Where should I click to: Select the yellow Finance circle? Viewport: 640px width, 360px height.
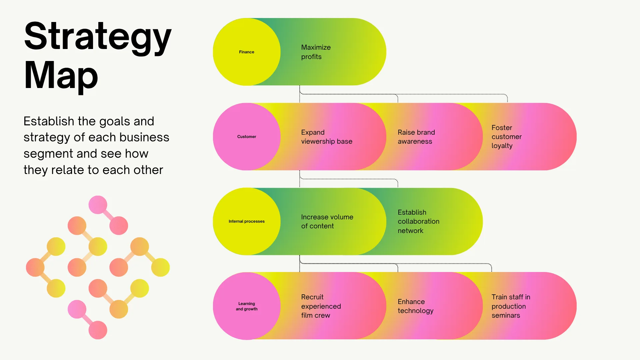[x=247, y=52]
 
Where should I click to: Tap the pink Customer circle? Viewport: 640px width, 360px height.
[x=247, y=137]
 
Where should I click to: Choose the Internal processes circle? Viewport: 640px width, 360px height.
[x=247, y=221]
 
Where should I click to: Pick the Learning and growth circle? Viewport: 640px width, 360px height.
[x=247, y=306]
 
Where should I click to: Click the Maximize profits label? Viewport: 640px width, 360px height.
[x=316, y=52]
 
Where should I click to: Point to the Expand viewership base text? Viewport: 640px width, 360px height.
[x=327, y=137]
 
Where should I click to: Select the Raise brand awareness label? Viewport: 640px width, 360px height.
[x=416, y=137]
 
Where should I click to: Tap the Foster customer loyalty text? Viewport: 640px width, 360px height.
[x=507, y=137]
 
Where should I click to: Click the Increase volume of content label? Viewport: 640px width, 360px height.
[x=327, y=221]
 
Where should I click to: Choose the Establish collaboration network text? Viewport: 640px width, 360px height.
[x=418, y=221]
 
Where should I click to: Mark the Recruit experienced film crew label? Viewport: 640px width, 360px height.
[x=321, y=306]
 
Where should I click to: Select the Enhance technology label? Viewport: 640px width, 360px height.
[x=416, y=306]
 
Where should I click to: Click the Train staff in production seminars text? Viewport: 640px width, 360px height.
[x=511, y=306]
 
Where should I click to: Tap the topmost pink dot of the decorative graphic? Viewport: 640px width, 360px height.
[x=98, y=205]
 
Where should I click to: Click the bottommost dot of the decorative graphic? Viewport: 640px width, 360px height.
[x=98, y=330]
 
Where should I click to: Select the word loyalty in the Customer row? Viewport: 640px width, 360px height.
[x=502, y=146]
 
